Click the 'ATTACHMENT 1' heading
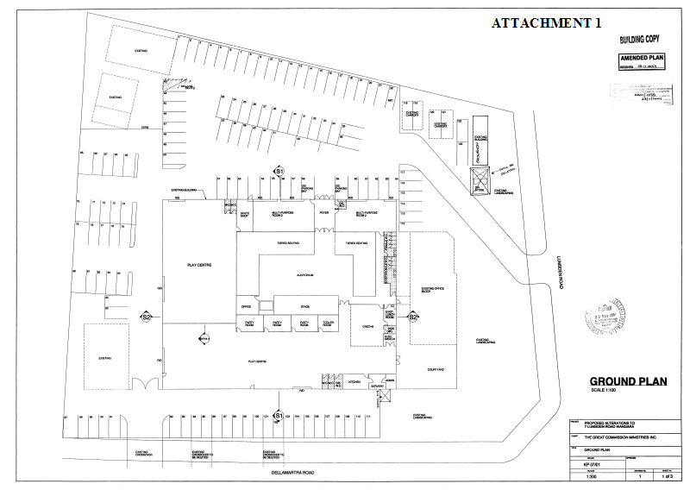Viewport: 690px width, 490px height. point(545,23)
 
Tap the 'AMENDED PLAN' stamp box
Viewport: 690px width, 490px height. point(643,59)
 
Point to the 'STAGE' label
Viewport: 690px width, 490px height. point(304,305)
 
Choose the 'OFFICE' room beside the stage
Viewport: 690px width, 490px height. point(246,305)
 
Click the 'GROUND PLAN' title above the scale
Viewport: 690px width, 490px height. point(622,381)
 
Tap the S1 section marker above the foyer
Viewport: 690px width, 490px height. point(279,173)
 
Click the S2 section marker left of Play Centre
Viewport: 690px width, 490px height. point(147,317)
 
